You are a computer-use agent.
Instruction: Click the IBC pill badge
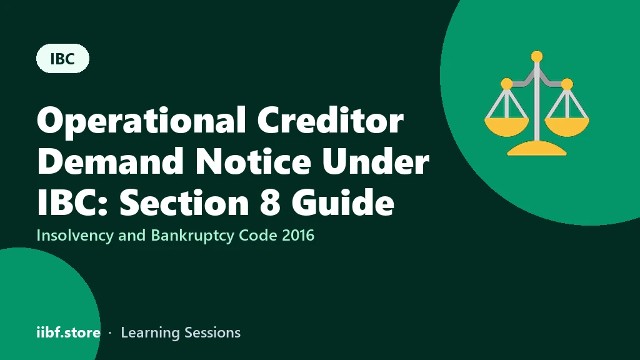(x=63, y=58)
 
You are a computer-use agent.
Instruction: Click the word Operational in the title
(x=142, y=121)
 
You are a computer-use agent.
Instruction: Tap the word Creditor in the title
(x=331, y=120)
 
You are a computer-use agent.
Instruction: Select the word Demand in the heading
(x=110, y=161)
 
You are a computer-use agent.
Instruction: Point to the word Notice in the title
(x=253, y=161)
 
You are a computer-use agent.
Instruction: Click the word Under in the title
(x=376, y=161)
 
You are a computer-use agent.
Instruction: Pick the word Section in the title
(x=184, y=202)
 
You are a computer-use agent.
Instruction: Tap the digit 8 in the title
(x=270, y=202)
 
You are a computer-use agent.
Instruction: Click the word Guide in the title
(x=343, y=202)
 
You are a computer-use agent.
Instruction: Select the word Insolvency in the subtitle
(x=75, y=236)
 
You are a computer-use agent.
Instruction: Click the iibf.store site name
(x=69, y=332)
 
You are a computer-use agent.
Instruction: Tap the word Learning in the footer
(x=151, y=332)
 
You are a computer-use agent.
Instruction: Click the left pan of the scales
(x=506, y=126)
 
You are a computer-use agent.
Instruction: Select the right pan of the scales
(x=567, y=126)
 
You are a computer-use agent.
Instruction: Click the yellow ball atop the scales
(x=537, y=56)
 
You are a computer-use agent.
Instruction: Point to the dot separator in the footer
(x=110, y=333)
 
